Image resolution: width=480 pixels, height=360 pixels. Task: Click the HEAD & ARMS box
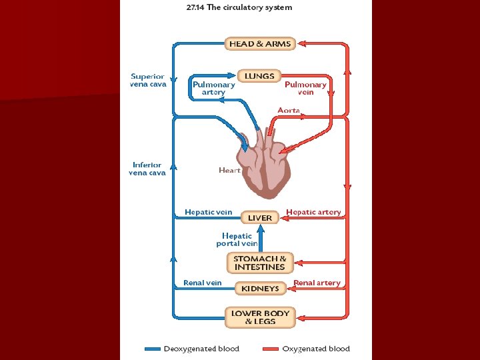click(260, 44)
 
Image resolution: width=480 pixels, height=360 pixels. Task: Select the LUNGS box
click(259, 76)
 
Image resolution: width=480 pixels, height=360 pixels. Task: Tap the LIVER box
click(260, 217)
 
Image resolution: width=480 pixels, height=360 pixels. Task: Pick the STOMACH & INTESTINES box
click(260, 263)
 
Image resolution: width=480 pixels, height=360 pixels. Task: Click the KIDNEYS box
click(260, 289)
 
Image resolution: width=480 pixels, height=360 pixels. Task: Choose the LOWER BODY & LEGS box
click(260, 317)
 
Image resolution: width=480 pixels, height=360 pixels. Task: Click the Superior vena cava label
click(148, 80)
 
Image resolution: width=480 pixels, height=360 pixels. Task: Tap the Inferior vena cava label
click(147, 169)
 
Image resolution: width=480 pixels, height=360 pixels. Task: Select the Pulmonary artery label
click(213, 88)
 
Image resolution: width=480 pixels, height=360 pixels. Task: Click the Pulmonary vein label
click(305, 88)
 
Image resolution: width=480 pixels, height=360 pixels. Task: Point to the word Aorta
click(289, 110)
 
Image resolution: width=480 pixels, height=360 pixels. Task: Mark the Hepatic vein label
click(208, 212)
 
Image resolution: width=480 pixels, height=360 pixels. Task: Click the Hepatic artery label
click(313, 212)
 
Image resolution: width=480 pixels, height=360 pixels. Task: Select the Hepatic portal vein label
click(237, 239)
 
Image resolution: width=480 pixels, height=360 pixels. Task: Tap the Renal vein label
click(202, 283)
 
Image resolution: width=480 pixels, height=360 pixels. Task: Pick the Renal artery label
click(317, 283)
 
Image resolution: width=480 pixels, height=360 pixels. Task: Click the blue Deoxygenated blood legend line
click(153, 349)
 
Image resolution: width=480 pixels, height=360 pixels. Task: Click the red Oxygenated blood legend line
click(270, 349)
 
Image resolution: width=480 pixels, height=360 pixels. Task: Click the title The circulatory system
click(239, 7)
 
